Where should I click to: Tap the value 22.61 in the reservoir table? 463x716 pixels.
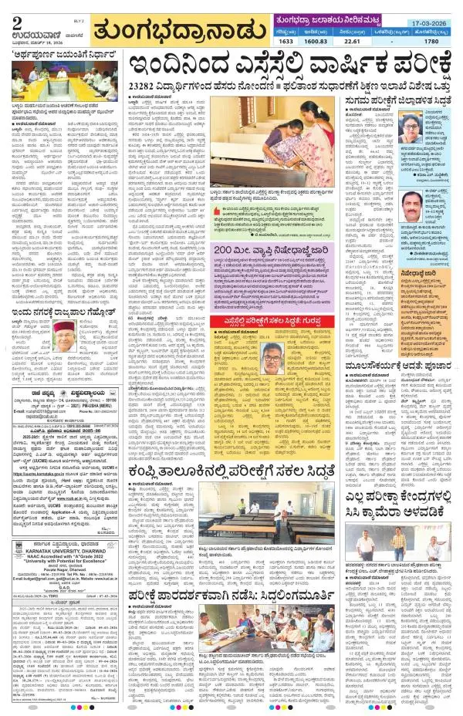(x=350, y=41)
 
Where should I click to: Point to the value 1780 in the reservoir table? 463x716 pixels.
(x=431, y=41)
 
